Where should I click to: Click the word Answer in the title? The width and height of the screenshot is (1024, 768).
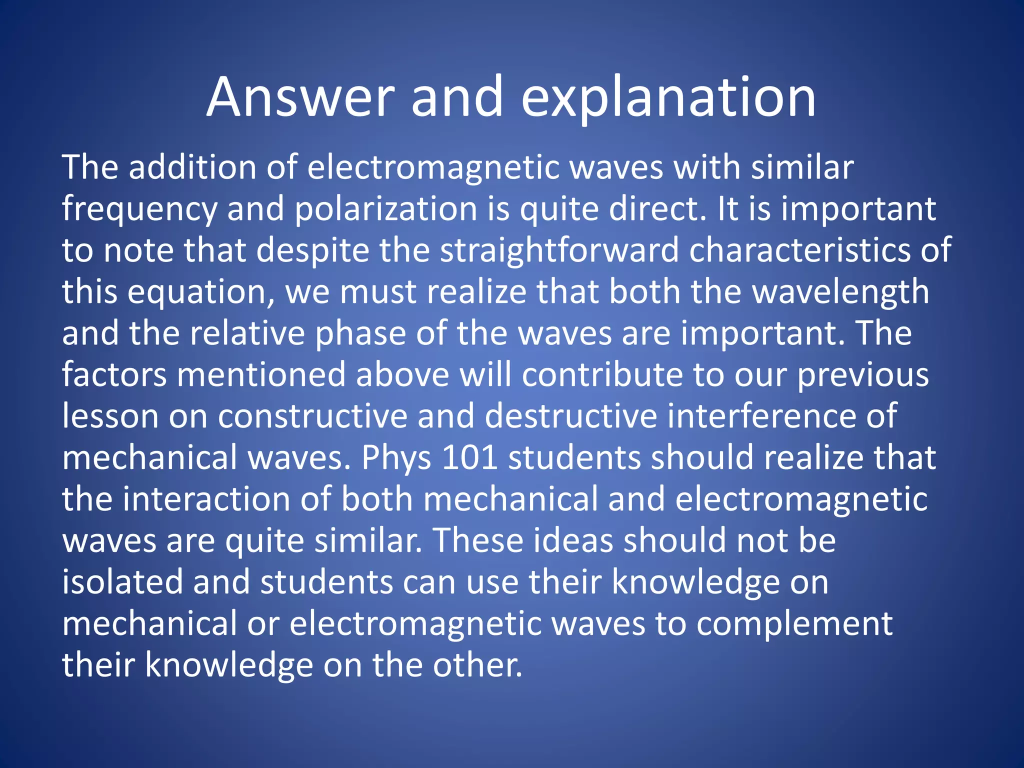(x=300, y=97)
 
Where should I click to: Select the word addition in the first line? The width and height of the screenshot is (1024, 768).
(x=192, y=167)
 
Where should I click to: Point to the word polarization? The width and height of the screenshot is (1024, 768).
(x=385, y=209)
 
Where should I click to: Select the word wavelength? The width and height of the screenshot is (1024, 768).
(x=840, y=292)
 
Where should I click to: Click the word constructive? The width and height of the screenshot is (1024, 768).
(x=312, y=416)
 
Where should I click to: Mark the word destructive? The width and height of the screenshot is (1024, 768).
(x=570, y=416)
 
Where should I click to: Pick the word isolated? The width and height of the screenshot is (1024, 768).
(x=122, y=582)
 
